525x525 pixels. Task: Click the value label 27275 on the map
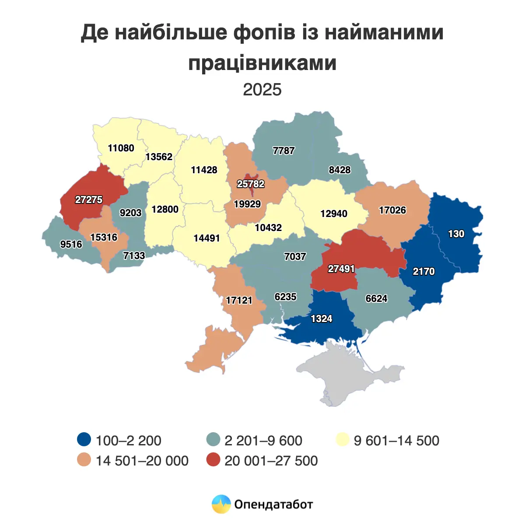89,200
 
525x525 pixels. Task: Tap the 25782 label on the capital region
251,184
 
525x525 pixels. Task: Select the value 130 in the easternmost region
456,234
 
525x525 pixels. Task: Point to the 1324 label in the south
321,319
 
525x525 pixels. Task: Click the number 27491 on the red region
341,269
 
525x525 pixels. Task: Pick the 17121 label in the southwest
239,301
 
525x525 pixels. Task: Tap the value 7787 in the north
283,151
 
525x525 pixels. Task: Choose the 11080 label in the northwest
121,148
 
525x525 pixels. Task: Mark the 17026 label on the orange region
392,210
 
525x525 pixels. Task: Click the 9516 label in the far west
71,245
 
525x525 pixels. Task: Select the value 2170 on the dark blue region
423,272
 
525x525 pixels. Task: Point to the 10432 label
268,228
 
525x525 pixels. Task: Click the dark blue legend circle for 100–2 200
84,440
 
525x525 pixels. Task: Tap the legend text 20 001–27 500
271,461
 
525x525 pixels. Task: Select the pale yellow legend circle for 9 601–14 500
342,440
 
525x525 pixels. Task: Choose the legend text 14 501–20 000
142,461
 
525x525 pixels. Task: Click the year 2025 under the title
262,90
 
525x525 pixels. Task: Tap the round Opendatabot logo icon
221,504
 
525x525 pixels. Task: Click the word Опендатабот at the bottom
273,504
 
